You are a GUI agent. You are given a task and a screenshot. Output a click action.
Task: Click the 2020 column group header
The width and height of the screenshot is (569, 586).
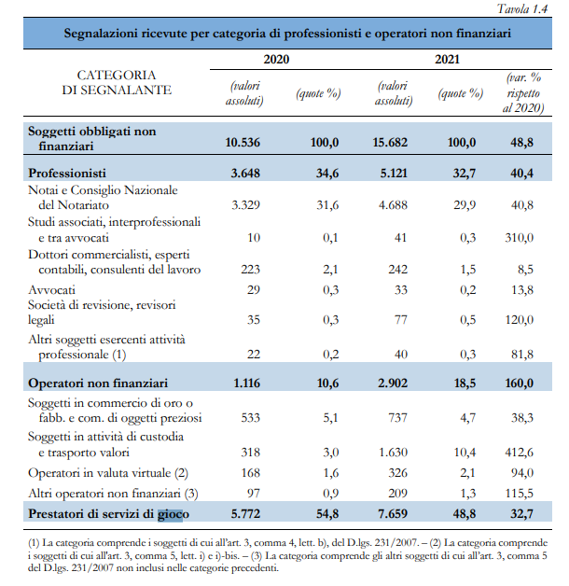pos(277,60)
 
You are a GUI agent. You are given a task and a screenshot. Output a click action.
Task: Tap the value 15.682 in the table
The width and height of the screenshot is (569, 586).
pos(391,142)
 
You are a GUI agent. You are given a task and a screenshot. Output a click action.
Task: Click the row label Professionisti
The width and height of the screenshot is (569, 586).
pos(67,173)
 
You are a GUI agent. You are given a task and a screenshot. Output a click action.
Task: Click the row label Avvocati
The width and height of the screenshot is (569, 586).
pos(52,289)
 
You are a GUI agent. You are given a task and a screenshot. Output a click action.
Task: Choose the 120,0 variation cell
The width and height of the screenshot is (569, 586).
pos(519,319)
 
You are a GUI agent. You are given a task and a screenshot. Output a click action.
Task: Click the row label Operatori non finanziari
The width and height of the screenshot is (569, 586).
pos(98,383)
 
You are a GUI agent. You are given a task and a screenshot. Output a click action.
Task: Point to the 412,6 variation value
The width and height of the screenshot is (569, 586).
pos(519,452)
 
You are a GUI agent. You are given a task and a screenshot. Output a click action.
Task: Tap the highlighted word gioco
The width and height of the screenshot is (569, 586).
pos(172,512)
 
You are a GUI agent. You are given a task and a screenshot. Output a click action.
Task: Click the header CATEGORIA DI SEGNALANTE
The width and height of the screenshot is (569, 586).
pos(116,82)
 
